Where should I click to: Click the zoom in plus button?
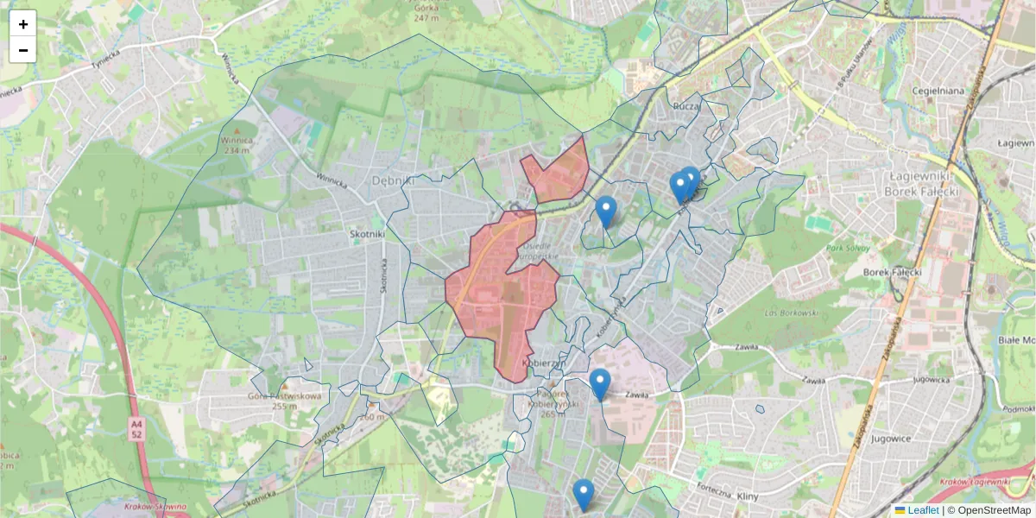pos(23,24)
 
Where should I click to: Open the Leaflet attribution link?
pos(923,510)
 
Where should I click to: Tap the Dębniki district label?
pos(394,180)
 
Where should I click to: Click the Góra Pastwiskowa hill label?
pos(285,401)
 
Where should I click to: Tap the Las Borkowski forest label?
pos(790,313)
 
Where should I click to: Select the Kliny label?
pos(748,497)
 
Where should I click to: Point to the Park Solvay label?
pos(845,248)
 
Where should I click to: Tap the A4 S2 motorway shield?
pos(136,429)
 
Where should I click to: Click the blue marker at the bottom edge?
pos(584,495)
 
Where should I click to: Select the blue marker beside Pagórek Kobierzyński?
pos(600,383)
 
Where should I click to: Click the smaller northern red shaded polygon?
pos(557,173)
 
